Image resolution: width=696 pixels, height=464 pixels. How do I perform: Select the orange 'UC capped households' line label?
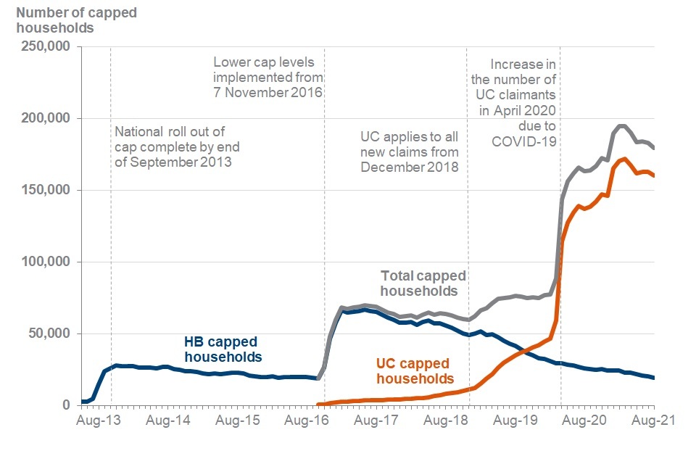(413, 370)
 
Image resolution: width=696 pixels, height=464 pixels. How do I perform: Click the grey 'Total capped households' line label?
(423, 283)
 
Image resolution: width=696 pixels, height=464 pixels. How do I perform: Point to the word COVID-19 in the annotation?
(524, 141)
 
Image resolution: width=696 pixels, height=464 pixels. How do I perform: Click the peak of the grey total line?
(621, 126)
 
